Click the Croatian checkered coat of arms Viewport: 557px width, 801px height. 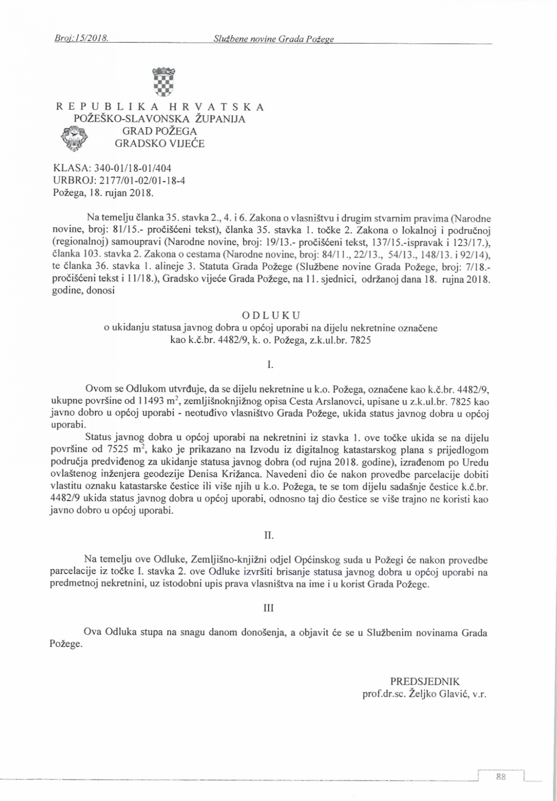pyautogui.click(x=164, y=82)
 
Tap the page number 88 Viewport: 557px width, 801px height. pyautogui.click(x=500, y=776)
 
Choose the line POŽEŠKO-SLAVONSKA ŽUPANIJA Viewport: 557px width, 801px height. pyautogui.click(x=160, y=119)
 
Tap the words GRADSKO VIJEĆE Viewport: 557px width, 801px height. pyautogui.click(x=160, y=143)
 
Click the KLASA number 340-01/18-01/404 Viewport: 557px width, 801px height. pyautogui.click(x=127, y=168)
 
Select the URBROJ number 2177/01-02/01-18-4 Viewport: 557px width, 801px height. pyautogui.click(x=142, y=181)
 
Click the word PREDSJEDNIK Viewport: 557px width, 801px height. pyautogui.click(x=425, y=682)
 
